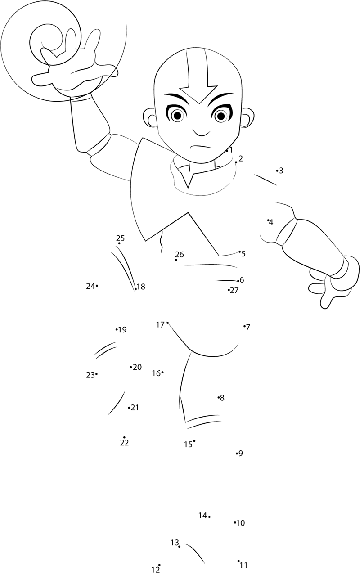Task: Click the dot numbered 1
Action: tap(227, 151)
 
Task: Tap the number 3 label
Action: tap(281, 171)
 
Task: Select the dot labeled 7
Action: tap(244, 326)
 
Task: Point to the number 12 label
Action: tap(155, 570)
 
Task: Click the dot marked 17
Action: tap(167, 323)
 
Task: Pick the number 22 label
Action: tap(124, 443)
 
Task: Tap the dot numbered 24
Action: tap(97, 285)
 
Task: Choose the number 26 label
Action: tap(180, 254)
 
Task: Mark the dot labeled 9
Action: tap(237, 454)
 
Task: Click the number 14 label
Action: tap(202, 515)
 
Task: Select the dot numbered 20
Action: tap(130, 367)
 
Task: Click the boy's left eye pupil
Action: tap(177, 116)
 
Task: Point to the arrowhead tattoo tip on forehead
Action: tap(198, 103)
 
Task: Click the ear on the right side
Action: tap(247, 118)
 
